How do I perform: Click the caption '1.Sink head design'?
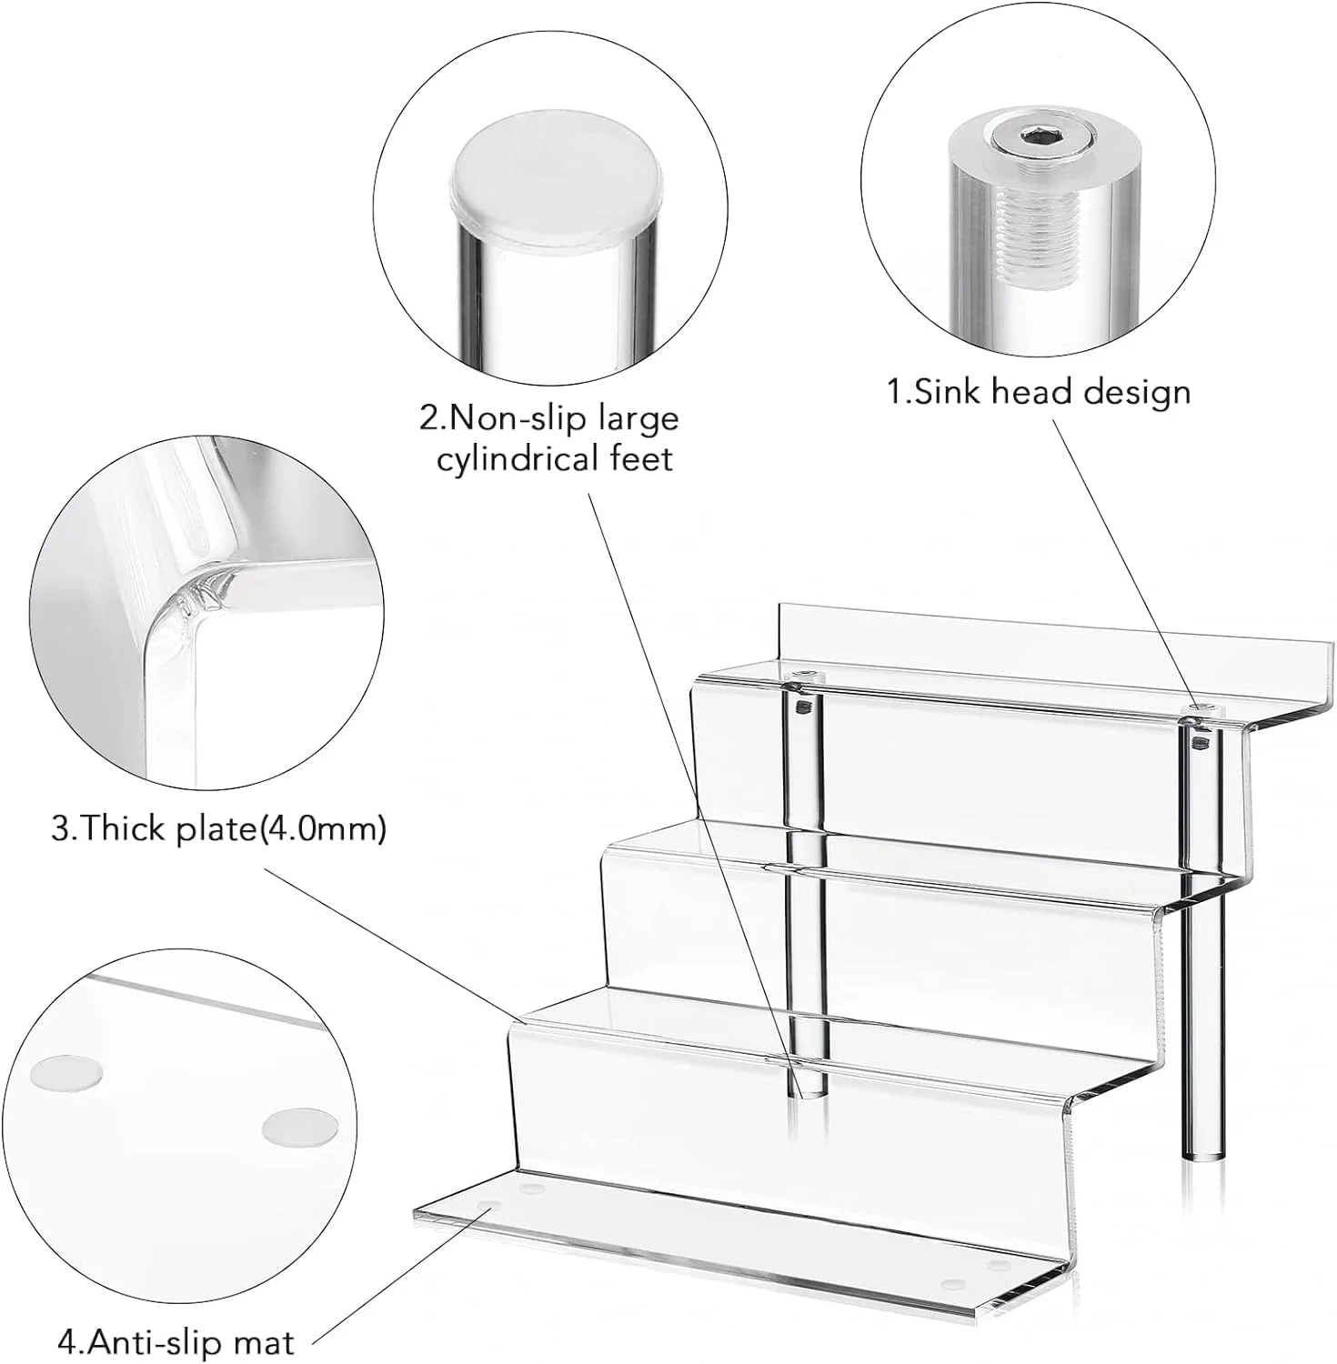coord(1039,392)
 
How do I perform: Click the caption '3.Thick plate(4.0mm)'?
coord(219,829)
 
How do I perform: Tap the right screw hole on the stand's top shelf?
coord(1200,708)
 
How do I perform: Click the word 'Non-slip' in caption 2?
coord(519,419)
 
